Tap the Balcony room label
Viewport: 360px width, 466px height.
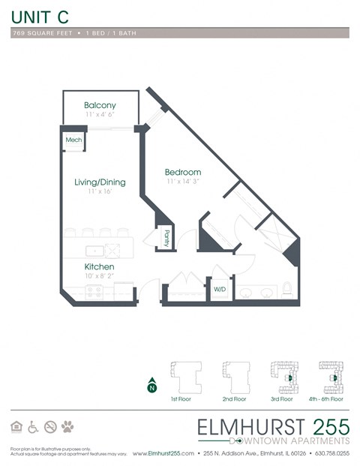click(100, 105)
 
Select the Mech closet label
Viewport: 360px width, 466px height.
click(73, 140)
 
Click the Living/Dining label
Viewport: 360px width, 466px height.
click(100, 182)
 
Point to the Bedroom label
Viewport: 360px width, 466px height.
click(183, 173)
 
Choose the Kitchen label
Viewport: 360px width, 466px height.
click(99, 267)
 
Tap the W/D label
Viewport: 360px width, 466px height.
click(220, 289)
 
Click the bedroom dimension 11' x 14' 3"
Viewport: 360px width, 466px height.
click(183, 182)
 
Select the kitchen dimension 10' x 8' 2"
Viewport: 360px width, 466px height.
click(99, 277)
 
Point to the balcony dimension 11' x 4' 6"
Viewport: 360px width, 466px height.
click(100, 115)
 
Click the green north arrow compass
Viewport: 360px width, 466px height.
click(152, 386)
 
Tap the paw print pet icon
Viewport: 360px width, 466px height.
click(68, 427)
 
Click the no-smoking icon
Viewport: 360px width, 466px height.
click(51, 427)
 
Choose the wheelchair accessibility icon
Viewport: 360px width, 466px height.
click(33, 427)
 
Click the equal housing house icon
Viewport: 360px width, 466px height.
click(16, 427)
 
